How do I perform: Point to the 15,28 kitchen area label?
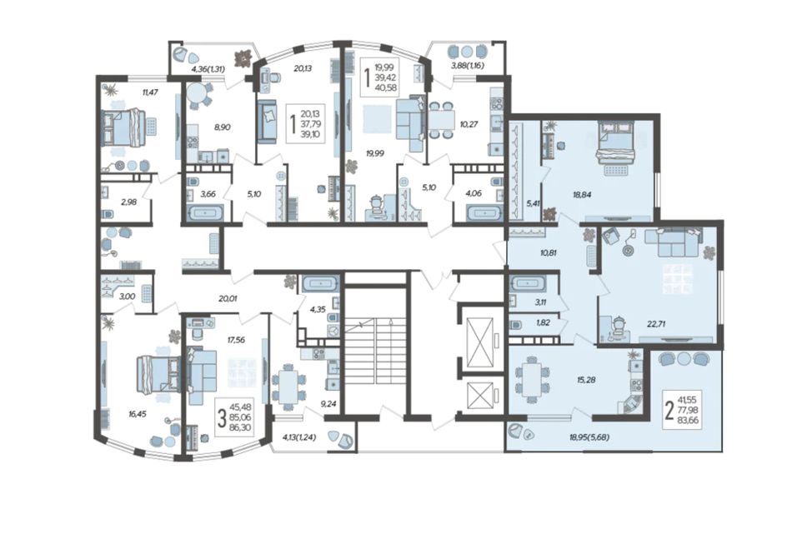click(x=586, y=380)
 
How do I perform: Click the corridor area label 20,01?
click(x=228, y=298)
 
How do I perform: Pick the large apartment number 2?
click(x=669, y=411)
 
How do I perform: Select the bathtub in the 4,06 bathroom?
click(x=484, y=213)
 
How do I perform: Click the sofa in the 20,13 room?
click(x=268, y=122)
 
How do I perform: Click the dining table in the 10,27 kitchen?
click(x=440, y=120)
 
